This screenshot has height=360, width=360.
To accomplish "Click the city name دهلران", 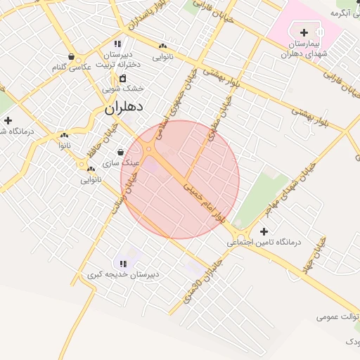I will pos(124,108).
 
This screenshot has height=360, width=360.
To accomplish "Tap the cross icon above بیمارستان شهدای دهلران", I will pos(304,33).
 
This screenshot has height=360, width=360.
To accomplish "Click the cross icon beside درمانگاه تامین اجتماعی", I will pos(264,231).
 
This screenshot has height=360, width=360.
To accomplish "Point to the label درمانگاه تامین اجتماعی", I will pos(263,242).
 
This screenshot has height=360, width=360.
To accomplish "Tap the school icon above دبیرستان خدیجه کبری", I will pos(123,264).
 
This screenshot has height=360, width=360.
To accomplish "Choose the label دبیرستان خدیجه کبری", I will pos(123,274).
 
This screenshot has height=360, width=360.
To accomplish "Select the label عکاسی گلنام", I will pos(72,67).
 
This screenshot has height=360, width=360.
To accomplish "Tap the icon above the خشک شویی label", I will pos(123,78).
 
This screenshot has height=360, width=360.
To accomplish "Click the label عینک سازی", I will pos(122,162).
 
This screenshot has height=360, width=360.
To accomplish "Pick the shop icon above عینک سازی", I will pos(121,152).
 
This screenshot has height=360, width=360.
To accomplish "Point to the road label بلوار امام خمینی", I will pos(205,198).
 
